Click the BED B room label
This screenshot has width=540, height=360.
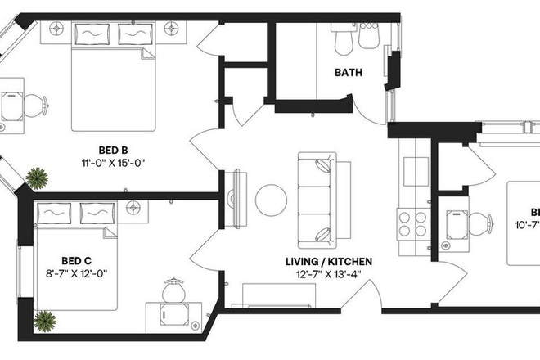tap(113, 150)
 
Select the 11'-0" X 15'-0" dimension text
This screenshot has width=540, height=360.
tap(113, 162)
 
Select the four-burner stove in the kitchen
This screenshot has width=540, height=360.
tap(412, 223)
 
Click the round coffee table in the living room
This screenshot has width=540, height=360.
tap(271, 199)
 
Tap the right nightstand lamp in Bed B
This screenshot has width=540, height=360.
tap(171, 28)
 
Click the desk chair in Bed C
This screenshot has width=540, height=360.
tap(173, 292)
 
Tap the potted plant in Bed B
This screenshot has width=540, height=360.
tap(36, 177)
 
